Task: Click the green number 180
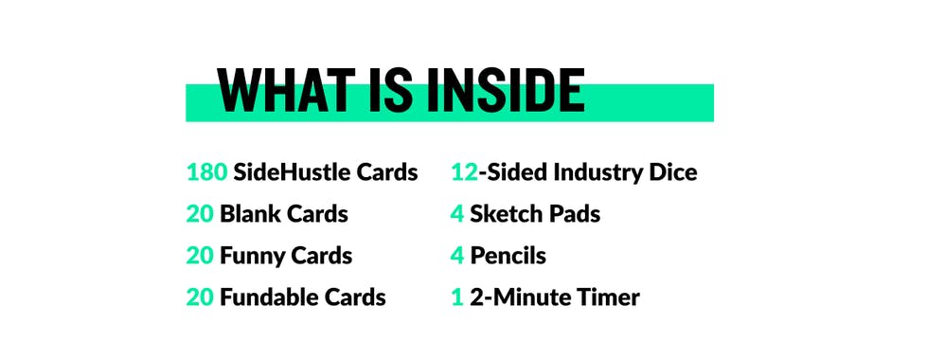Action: click(206, 172)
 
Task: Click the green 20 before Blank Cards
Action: click(200, 214)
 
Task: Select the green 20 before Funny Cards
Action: click(200, 256)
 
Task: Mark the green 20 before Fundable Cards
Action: click(200, 297)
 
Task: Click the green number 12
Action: click(463, 172)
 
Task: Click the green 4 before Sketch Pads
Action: click(457, 214)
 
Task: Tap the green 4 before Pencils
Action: click(457, 256)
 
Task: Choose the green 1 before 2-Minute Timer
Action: click(456, 297)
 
